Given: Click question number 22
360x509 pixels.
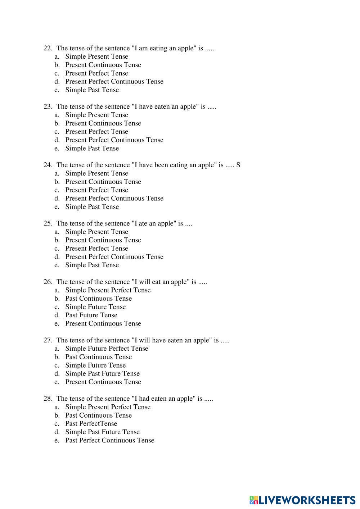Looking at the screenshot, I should pos(48,48).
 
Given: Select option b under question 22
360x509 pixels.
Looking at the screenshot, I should pos(103,65).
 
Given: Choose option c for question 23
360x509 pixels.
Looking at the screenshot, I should pos(96,132).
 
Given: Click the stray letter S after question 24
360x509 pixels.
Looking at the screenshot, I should pos(238,165).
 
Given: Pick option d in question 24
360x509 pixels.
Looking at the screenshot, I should pos(114,199).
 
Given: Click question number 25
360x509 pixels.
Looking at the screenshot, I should pos(48,223).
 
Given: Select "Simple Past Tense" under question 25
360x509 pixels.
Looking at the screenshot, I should pos(92,265).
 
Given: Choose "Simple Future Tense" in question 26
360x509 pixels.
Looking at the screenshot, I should pos(95,307).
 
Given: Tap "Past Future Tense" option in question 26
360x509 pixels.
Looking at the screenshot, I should pos(91,315).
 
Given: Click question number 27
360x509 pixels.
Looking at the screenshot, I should pos(48,340).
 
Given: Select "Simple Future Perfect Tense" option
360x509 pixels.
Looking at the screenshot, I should pos(107,349).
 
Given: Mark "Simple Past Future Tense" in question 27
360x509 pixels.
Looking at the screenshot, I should pos(102,374).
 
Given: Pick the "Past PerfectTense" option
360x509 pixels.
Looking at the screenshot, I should pos(91,424).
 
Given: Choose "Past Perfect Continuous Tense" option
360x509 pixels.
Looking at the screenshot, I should pos(109,440).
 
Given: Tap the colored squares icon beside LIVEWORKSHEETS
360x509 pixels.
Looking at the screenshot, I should pos(254,500).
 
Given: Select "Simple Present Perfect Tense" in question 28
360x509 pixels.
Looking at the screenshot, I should pos(108,407).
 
